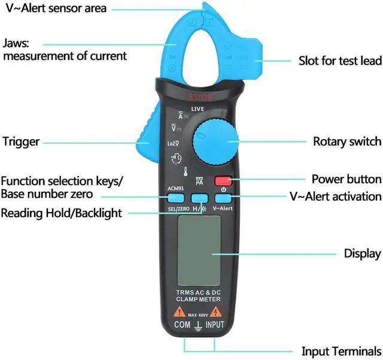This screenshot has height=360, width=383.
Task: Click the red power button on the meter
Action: pyautogui.click(x=224, y=179)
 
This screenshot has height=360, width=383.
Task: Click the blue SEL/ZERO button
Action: pyautogui.click(x=175, y=198)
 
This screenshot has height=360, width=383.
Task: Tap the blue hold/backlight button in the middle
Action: pyautogui.click(x=199, y=198)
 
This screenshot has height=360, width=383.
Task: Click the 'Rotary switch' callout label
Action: pyautogui.click(x=346, y=142)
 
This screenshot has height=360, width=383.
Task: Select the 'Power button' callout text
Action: pyautogui.click(x=346, y=179)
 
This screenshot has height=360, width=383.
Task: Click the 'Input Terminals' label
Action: pyautogui.click(x=341, y=352)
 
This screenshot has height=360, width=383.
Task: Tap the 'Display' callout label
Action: pyautogui.click(x=362, y=253)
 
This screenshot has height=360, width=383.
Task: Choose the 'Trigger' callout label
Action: pyautogui.click(x=21, y=142)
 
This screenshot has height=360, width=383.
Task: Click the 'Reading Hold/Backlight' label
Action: pyautogui.click(x=61, y=213)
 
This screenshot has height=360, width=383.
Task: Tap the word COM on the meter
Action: pyautogui.click(x=182, y=325)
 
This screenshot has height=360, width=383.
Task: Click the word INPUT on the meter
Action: pyautogui.click(x=215, y=325)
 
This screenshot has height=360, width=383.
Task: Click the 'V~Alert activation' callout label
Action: pyautogui.click(x=335, y=196)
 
